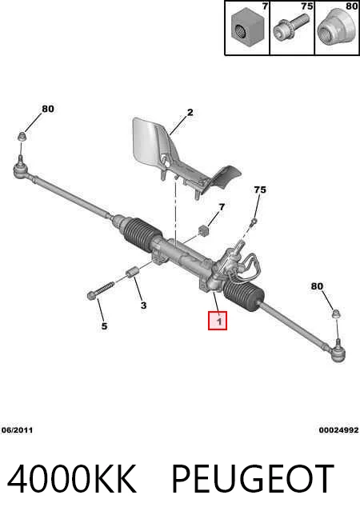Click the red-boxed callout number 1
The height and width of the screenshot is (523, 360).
[218, 321]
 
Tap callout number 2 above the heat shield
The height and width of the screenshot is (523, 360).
[190, 113]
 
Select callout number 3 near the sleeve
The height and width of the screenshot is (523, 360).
[143, 305]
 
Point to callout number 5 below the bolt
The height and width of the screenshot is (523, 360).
[105, 325]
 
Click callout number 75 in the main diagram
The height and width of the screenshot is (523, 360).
[260, 190]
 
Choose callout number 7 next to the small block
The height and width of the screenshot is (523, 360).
[222, 207]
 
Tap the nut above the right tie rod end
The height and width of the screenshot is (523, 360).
[337, 313]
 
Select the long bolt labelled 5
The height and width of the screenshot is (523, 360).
[100, 290]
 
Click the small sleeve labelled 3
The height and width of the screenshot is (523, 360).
[131, 273]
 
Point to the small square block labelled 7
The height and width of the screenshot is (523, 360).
[203, 230]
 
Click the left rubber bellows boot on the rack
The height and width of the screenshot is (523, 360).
[143, 234]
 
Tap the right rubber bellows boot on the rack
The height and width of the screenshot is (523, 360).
[244, 293]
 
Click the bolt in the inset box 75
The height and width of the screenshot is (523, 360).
[289, 27]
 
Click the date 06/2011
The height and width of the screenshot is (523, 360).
[18, 430]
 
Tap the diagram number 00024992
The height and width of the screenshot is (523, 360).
[338, 430]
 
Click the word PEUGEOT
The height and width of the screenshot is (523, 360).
[253, 479]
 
